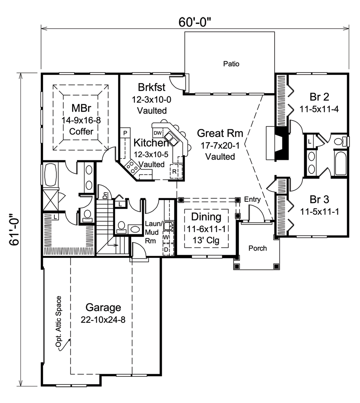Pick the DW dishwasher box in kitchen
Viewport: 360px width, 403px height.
pos(157,133)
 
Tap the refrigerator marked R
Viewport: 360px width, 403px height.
pos(174,171)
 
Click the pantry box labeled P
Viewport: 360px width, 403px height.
pos(125,133)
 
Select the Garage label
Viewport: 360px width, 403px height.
pos(103,307)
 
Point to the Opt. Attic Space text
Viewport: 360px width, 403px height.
pos(59,322)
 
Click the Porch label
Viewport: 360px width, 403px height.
pos(257,248)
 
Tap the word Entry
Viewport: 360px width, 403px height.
pos(252,199)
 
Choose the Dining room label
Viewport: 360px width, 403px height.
pos(206,217)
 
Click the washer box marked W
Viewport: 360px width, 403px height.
pos(166,237)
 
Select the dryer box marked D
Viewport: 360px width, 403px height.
pos(166,249)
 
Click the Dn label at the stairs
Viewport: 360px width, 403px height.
pos(105,195)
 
